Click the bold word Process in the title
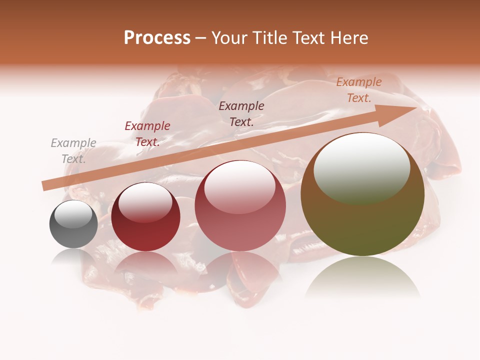click(157, 38)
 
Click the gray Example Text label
click(73, 151)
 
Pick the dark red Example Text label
click(147, 134)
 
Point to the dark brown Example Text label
click(241, 113)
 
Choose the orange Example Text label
click(359, 90)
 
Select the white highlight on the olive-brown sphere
click(361, 167)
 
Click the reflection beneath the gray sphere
click(73, 257)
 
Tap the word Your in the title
click(229, 38)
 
